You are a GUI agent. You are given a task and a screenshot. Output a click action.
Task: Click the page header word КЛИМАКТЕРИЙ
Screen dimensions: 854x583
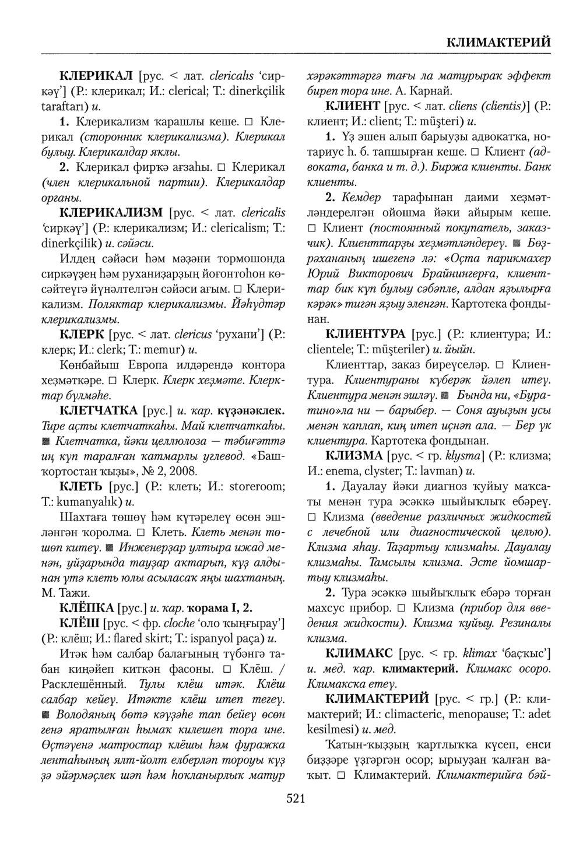pos(498,43)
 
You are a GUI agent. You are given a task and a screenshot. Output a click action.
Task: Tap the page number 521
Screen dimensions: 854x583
pos(296,799)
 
